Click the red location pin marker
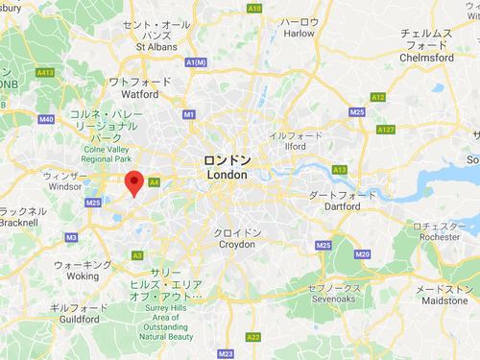pos(134,182)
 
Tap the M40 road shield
pos(46,120)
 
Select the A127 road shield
pos(387,130)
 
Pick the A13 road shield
pos(339,170)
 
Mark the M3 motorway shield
pos(71,237)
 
